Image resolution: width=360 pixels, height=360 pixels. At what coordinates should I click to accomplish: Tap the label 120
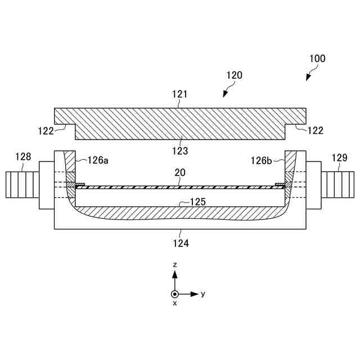(234, 75)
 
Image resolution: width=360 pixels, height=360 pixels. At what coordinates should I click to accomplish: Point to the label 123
(180, 150)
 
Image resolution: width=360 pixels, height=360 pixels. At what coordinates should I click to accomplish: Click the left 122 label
(46, 131)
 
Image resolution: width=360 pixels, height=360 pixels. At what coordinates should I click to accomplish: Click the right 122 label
(315, 131)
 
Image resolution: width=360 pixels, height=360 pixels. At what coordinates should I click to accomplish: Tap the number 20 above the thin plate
(179, 175)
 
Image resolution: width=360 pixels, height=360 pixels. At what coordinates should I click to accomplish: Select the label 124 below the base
(180, 243)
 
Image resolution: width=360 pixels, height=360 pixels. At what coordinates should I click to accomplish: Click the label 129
(339, 158)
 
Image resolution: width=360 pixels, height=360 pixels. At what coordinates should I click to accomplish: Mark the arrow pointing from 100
(311, 74)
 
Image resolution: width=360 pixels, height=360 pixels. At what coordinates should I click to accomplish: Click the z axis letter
(175, 264)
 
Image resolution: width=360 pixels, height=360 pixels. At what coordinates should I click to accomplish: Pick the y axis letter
(203, 294)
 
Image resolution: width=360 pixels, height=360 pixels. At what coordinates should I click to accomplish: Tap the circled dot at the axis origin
(175, 294)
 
